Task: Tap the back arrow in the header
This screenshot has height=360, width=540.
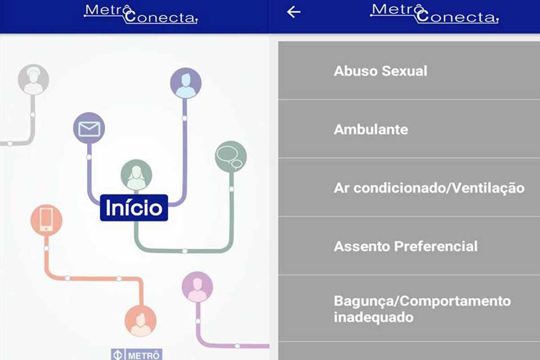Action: click(293, 12)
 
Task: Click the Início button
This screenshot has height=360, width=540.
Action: click(134, 207)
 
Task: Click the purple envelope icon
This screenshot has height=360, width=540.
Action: click(89, 128)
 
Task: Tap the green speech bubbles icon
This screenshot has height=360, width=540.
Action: click(231, 157)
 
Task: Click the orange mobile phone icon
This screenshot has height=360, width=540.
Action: click(46, 220)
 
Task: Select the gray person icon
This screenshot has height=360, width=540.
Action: click(33, 79)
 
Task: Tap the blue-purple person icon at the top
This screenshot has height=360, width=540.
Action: click(186, 83)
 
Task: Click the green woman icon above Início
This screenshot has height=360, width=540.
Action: click(136, 175)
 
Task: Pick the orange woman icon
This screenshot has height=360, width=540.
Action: click(140, 321)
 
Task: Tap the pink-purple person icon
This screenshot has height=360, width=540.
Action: click(197, 287)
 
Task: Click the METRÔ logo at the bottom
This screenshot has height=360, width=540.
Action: click(136, 355)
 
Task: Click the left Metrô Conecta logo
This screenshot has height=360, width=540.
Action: click(141, 14)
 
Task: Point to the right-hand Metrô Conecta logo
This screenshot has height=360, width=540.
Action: click(435, 14)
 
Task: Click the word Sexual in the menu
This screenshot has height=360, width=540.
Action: click(404, 71)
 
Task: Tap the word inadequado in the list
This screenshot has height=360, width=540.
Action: click(373, 317)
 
